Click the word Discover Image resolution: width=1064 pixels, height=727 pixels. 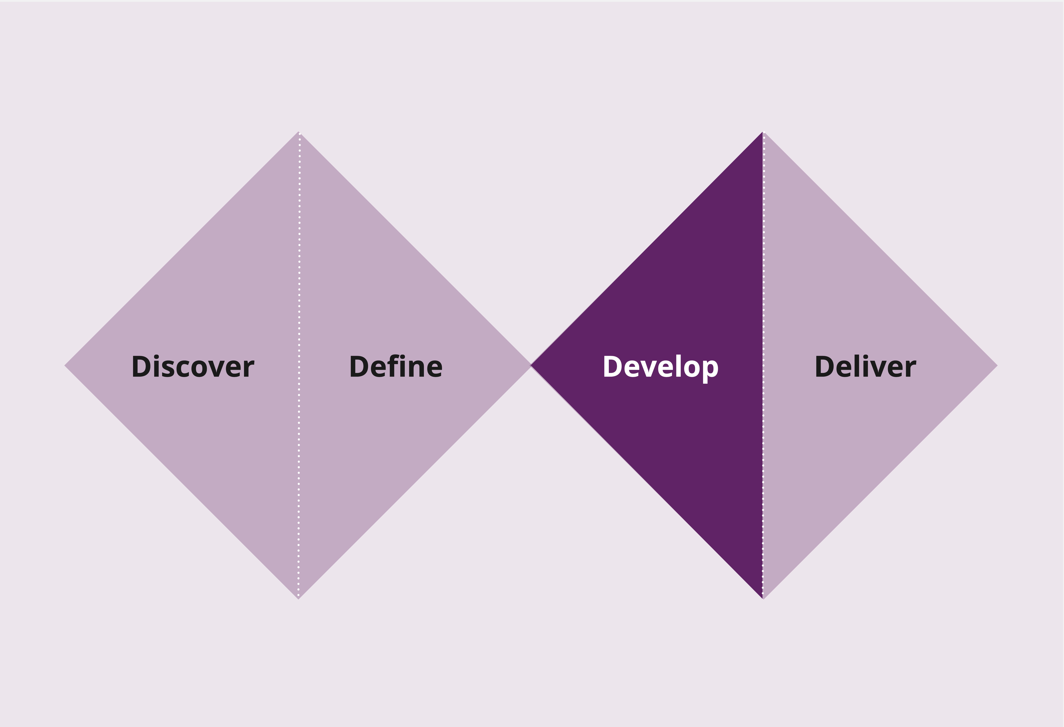[x=193, y=366]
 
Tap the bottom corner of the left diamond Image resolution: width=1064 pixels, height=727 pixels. [x=298, y=599]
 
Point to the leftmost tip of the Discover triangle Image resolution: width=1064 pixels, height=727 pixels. [x=65, y=365]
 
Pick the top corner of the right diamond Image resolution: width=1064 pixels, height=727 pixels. [x=763, y=131]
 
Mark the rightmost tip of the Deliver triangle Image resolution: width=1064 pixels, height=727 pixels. [x=998, y=365]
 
